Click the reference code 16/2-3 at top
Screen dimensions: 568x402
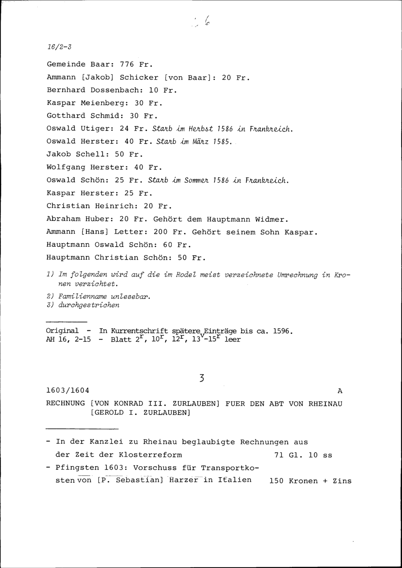pyautogui.click(x=59, y=47)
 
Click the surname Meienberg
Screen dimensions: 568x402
pyautogui.click(x=104, y=103)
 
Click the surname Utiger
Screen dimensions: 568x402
pyautogui.click(x=95, y=129)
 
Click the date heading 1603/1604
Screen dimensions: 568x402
pyautogui.click(x=68, y=390)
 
